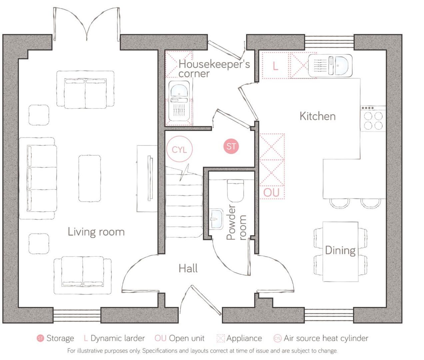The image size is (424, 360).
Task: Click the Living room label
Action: (96, 232)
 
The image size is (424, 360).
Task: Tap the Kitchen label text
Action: (317, 116)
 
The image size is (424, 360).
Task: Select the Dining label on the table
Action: (340, 250)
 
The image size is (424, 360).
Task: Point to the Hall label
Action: (188, 268)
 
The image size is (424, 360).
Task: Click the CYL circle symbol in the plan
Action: (180, 150)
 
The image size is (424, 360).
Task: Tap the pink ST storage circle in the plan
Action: (231, 146)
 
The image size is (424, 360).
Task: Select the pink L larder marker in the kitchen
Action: (275, 66)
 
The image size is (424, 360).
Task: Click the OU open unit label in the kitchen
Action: (271, 192)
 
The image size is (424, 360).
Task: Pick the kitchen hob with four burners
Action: (373, 120)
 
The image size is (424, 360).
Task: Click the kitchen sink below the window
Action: (330, 65)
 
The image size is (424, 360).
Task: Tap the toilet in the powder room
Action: (235, 190)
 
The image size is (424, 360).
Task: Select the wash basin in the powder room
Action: (216, 219)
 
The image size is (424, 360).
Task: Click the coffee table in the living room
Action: (90, 178)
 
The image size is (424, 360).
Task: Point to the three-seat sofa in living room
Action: (37, 178)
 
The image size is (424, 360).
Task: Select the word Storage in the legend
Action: (60, 338)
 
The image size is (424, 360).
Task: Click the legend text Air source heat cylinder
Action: (326, 338)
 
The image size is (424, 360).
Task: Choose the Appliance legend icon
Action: (220, 338)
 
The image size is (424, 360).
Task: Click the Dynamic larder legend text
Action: (118, 338)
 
